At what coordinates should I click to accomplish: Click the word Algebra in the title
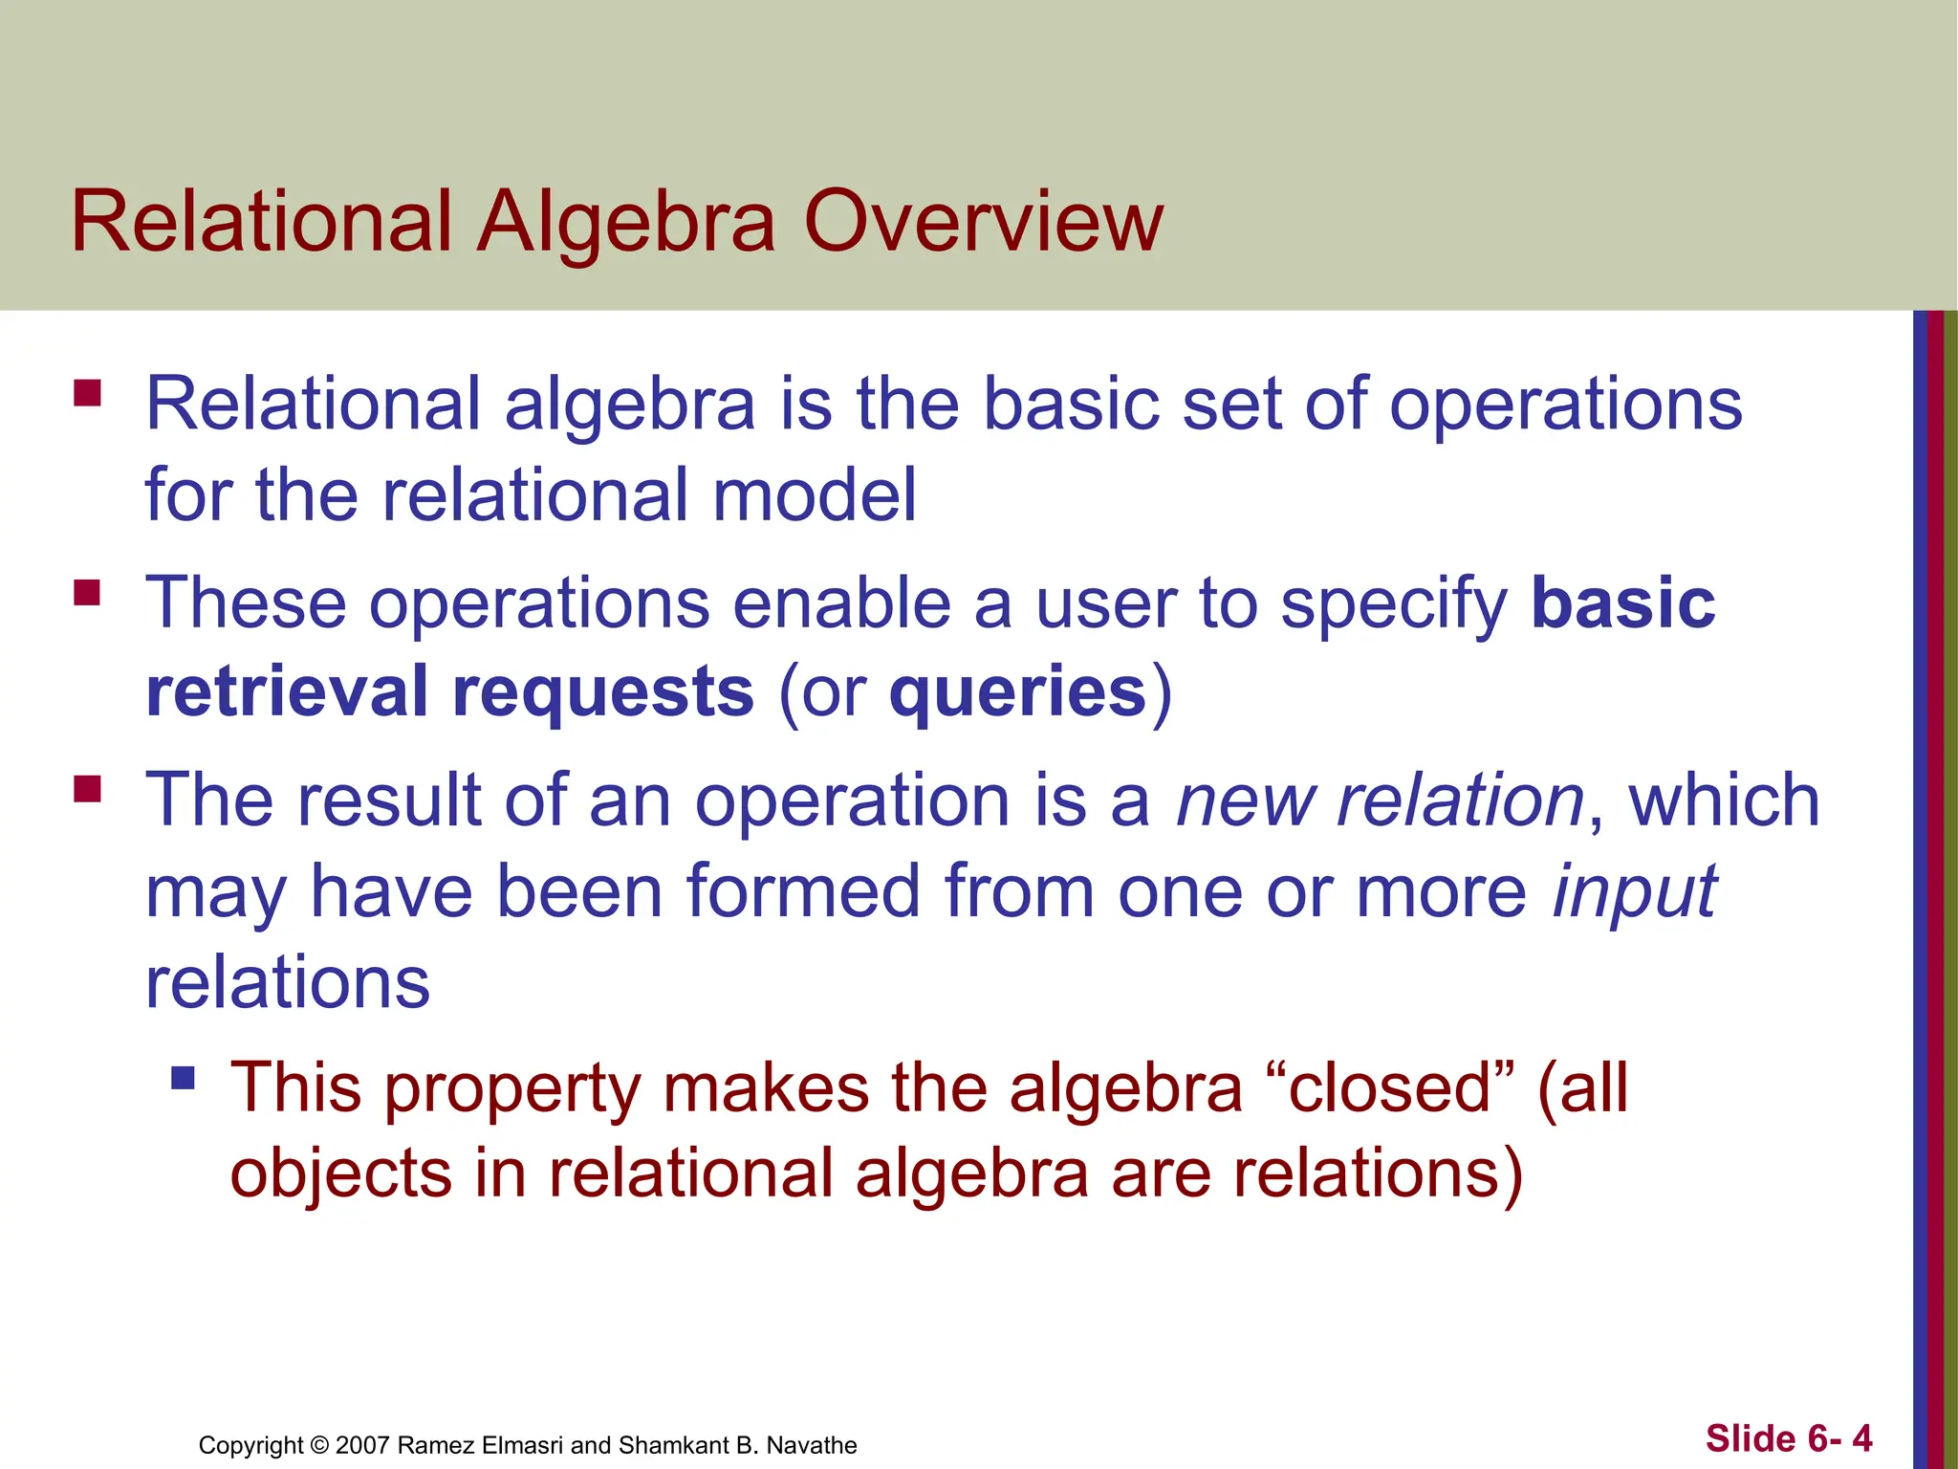pyautogui.click(x=626, y=222)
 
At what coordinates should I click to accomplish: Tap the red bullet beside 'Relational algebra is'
pyautogui.click(x=87, y=393)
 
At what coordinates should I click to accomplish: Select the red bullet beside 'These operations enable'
pyautogui.click(x=87, y=593)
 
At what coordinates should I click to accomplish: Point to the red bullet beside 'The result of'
pyautogui.click(x=87, y=789)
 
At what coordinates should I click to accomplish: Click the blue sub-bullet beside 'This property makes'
pyautogui.click(x=183, y=1079)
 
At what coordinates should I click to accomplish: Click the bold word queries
pyautogui.click(x=1017, y=691)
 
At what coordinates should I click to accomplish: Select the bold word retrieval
pyautogui.click(x=287, y=691)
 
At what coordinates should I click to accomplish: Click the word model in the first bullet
pyautogui.click(x=814, y=494)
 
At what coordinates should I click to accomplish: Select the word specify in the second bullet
pyautogui.click(x=1393, y=604)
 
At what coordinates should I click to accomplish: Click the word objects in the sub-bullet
pyautogui.click(x=340, y=1174)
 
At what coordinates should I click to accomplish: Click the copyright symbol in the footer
pyautogui.click(x=320, y=1445)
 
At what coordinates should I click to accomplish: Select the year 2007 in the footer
pyautogui.click(x=361, y=1445)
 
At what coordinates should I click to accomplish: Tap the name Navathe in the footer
pyautogui.click(x=812, y=1445)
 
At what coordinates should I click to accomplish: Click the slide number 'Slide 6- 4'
pyautogui.click(x=1789, y=1438)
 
